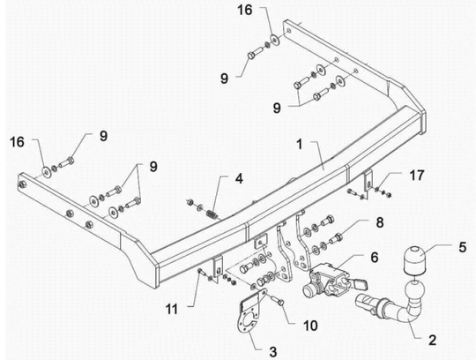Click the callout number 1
coord(300,145)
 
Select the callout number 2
coord(432,340)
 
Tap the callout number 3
coord(273,352)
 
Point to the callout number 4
coord(239,178)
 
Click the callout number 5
coord(462,247)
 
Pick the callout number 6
coord(375,258)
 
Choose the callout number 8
coord(380,222)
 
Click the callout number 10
coord(310,326)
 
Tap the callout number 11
coord(172,310)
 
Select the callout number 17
coord(416,176)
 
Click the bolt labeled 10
coord(278,301)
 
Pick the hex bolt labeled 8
coord(336,237)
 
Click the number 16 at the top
coord(245,10)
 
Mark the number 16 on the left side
coord(17,142)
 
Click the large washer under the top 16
coord(275,40)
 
